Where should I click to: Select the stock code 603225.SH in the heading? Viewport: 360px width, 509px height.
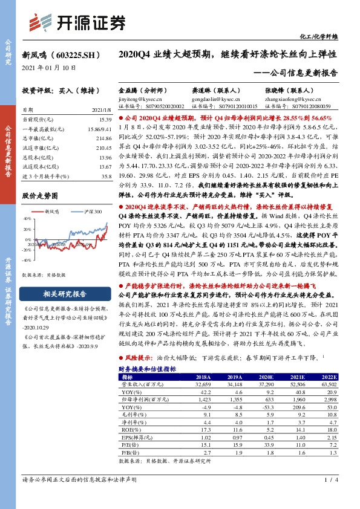pos(78,54)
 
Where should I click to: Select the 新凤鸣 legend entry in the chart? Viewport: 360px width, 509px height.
pos(55,212)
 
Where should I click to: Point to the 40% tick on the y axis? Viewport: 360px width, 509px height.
pos(28,219)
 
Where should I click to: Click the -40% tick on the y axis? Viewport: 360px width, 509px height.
pos(27,259)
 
